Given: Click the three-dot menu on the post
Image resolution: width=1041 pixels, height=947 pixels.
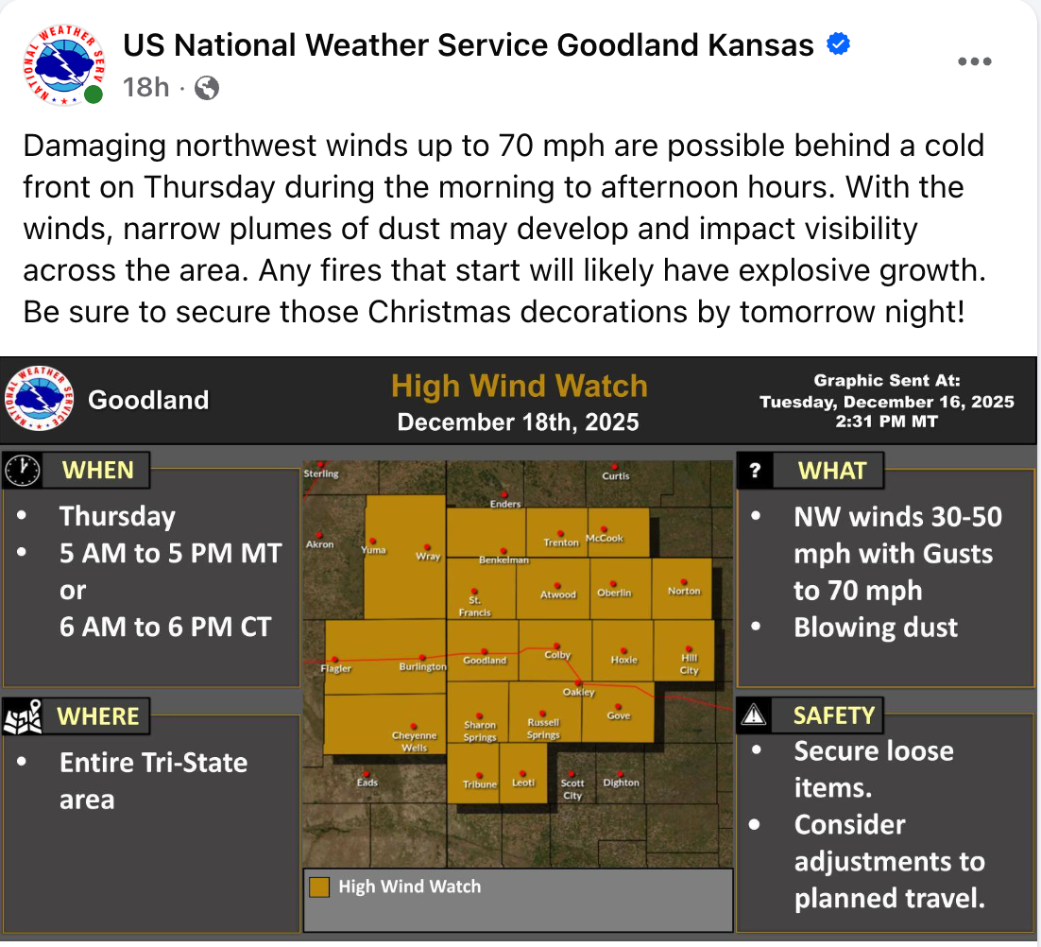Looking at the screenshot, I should pos(975,61).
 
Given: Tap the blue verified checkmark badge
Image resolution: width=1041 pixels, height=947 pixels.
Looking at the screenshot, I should pos(838,44).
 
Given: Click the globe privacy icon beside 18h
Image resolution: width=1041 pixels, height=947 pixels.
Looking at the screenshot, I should pos(207,89).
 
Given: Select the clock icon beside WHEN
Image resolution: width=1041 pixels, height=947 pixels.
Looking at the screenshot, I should pos(23,470).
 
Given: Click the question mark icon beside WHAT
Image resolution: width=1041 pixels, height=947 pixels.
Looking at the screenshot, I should pos(755,471).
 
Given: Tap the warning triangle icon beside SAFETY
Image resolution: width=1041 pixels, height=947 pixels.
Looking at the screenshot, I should pos(754,715).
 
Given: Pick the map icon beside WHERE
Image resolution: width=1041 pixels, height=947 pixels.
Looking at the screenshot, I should pos(23,716).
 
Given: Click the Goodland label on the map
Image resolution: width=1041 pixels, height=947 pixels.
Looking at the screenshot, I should pos(485,661).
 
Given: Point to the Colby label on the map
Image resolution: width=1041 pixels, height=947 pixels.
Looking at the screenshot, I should pos(557,654).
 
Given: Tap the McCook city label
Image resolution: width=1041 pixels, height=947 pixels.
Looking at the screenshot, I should pos(605,539).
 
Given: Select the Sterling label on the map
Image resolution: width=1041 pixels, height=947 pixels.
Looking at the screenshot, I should pos(321,473).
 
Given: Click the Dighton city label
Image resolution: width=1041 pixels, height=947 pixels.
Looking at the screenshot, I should pos(622,783).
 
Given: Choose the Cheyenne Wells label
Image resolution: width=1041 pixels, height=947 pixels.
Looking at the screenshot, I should pos(415,741).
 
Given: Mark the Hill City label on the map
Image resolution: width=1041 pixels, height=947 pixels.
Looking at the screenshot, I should pos(690,663).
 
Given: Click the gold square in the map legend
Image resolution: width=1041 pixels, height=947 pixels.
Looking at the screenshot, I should pos(320,887).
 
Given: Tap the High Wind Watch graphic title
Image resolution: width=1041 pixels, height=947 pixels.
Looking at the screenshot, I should pos(520,387).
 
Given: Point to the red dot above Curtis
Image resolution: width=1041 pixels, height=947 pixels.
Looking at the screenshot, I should pos(615,465).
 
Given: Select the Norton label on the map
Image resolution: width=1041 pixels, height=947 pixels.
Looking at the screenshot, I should pos(684,591).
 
